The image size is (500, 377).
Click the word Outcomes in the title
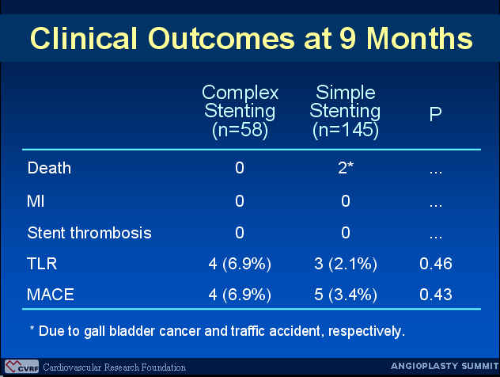[x=222, y=38]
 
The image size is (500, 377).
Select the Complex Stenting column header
[x=241, y=112]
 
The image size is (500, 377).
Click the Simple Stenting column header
[x=346, y=112]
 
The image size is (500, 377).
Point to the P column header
[x=436, y=113]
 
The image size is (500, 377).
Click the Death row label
[x=49, y=168]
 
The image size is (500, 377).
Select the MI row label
[x=36, y=201]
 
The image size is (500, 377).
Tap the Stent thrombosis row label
[x=89, y=232]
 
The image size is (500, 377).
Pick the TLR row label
[x=42, y=264]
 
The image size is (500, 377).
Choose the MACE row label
[x=51, y=295]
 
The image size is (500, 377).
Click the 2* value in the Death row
[x=346, y=168]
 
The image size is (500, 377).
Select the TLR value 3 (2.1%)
[x=346, y=264]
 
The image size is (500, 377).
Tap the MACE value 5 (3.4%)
[x=346, y=295]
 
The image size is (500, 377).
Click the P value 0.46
[x=436, y=264]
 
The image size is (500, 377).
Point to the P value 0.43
[x=436, y=295]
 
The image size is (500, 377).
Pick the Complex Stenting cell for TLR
[x=240, y=264]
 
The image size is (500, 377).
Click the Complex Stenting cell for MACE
[x=240, y=295]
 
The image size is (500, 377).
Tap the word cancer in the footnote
[x=180, y=331]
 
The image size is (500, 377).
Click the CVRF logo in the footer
[x=21, y=367]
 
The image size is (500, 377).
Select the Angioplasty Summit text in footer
[x=445, y=366]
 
